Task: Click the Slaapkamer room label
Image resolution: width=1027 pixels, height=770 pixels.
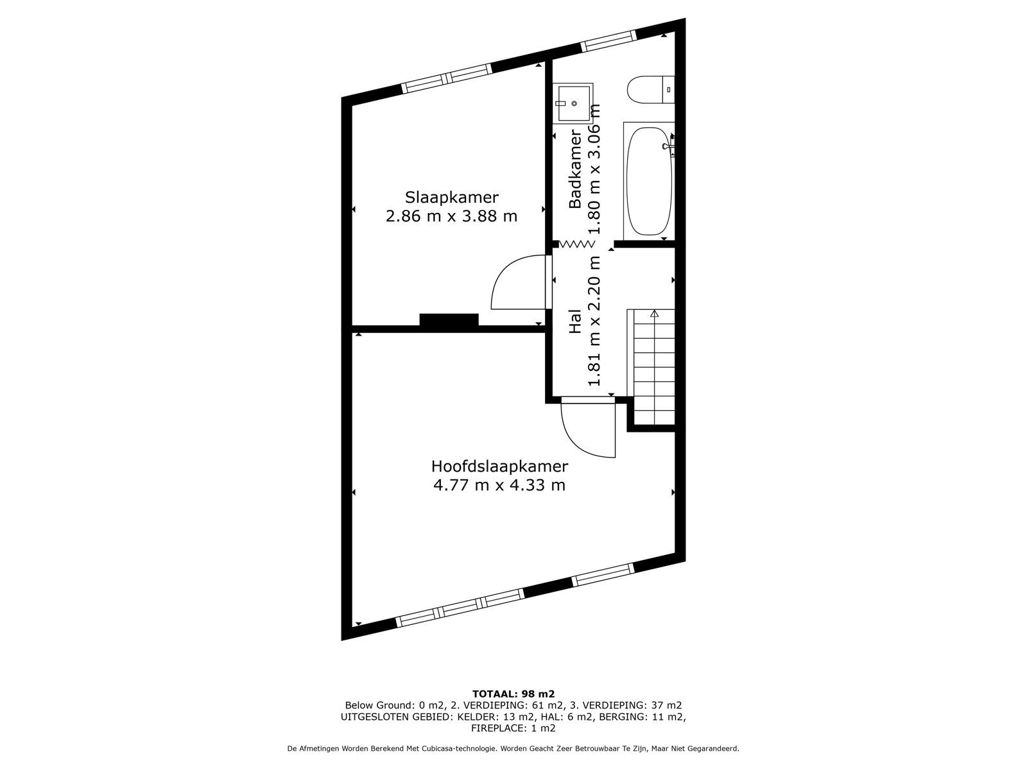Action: pyautogui.click(x=451, y=197)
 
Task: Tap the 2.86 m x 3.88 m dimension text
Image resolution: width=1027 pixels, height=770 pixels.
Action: pyautogui.click(x=451, y=216)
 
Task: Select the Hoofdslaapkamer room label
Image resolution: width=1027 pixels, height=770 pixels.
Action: pyautogui.click(x=499, y=466)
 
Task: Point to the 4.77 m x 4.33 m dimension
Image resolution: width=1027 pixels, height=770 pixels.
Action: pyautogui.click(x=499, y=485)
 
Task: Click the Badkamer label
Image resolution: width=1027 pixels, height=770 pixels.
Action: pyautogui.click(x=575, y=169)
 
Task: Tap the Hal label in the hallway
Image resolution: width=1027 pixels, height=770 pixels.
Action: pyautogui.click(x=575, y=321)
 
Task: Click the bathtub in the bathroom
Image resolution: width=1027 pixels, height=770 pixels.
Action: pyautogui.click(x=648, y=181)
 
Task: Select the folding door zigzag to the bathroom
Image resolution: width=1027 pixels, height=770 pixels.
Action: pyautogui.click(x=576, y=244)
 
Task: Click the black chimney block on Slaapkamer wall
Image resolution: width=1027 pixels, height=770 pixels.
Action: pyautogui.click(x=449, y=320)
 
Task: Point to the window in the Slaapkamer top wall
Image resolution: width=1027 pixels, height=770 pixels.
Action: pyautogui.click(x=447, y=78)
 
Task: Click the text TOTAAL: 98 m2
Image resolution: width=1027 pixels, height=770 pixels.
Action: pyautogui.click(x=513, y=694)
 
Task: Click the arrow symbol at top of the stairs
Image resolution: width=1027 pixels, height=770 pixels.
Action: pyautogui.click(x=654, y=314)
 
